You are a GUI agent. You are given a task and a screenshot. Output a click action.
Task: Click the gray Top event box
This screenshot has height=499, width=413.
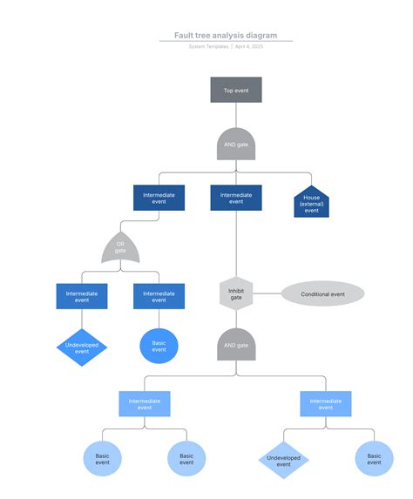[x=235, y=90]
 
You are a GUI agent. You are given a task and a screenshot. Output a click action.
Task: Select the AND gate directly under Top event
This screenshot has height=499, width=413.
[x=235, y=145]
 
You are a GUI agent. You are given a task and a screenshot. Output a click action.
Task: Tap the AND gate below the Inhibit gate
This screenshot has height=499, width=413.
[x=235, y=345]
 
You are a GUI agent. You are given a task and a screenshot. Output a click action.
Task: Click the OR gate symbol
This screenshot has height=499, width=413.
[x=120, y=248]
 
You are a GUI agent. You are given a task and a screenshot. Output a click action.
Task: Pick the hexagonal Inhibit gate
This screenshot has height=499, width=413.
[x=235, y=294]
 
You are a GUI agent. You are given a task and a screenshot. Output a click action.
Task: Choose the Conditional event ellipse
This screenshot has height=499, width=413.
[x=322, y=294]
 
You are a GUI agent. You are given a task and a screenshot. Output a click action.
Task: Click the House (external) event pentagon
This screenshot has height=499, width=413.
[x=311, y=202]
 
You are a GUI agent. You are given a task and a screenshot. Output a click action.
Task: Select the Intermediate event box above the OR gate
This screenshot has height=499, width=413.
[x=159, y=198]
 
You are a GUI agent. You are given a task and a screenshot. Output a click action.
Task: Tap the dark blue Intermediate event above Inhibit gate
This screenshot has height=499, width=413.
[x=235, y=198]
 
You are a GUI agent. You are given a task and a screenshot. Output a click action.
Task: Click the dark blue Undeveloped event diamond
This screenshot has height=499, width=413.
[x=82, y=346]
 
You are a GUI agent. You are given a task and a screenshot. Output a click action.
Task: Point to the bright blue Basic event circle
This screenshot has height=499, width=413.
[x=159, y=346]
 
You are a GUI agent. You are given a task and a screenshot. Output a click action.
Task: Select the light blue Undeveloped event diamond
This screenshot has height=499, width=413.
[x=283, y=459]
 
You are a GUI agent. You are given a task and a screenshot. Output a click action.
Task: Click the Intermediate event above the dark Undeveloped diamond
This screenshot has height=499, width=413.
[x=82, y=296]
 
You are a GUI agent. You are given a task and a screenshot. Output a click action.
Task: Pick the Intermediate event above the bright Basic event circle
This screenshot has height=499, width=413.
[x=159, y=296]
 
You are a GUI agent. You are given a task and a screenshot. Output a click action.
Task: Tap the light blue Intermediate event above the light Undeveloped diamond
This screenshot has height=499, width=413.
[x=326, y=403]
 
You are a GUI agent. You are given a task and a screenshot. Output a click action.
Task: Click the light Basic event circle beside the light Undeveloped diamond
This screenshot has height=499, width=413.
[x=374, y=458]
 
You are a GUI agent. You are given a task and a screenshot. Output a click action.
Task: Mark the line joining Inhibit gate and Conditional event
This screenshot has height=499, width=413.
[x=267, y=294]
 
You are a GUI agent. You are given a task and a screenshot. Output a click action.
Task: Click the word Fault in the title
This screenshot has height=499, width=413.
[x=183, y=36]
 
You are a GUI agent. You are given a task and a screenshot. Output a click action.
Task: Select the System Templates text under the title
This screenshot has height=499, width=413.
[x=208, y=46]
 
